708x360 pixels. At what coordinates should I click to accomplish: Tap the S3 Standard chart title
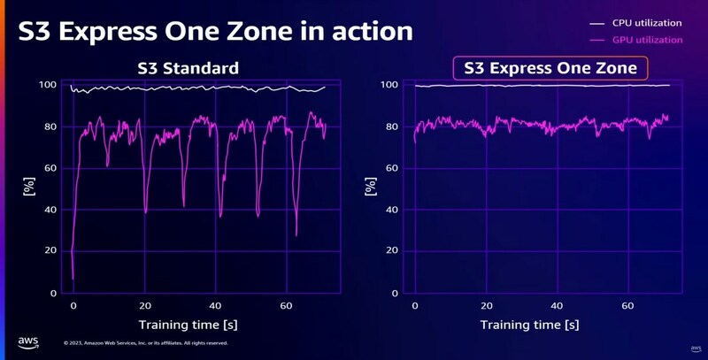[x=189, y=68]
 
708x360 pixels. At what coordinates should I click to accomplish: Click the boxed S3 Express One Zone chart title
[x=550, y=68]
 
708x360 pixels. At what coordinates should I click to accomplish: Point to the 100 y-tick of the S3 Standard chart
[x=50, y=85]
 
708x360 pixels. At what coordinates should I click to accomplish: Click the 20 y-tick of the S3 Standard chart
[x=53, y=250]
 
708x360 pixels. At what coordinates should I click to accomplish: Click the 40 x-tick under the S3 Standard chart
[x=215, y=305]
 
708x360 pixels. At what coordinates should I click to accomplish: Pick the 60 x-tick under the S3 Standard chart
[x=286, y=305]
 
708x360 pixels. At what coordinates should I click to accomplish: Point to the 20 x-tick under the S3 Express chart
[x=487, y=305]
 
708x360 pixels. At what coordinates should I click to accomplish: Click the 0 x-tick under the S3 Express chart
[x=415, y=305]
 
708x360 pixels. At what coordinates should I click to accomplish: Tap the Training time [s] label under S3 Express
[x=529, y=325]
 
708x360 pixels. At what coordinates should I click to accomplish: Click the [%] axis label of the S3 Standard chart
[x=27, y=188]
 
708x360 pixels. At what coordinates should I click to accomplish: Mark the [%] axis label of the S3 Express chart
[x=370, y=188]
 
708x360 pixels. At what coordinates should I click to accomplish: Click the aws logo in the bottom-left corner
[x=27, y=341]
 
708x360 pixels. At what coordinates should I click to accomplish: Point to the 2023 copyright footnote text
[x=146, y=343]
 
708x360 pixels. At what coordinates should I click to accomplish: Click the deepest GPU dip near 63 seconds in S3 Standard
[x=296, y=234]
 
